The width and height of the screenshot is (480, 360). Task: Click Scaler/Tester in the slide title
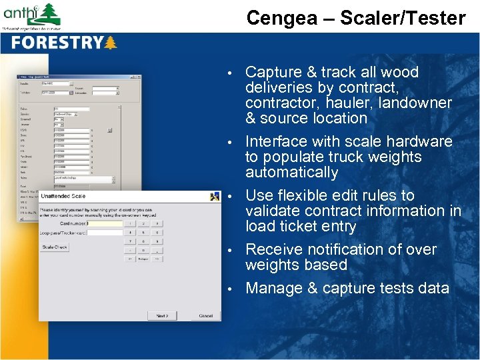tap(403, 18)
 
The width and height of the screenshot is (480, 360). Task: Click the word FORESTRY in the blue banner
tap(56, 43)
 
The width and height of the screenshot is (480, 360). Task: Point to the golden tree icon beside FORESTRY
tap(110, 43)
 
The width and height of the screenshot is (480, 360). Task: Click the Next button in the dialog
tap(162, 315)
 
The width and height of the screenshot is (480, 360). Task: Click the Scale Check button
tap(55, 247)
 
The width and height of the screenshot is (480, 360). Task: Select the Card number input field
tap(105, 224)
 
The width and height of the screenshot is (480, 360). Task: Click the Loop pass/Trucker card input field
tap(105, 233)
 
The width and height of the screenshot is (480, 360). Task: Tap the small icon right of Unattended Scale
tap(215, 197)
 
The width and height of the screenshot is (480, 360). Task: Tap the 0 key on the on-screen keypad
tap(144, 250)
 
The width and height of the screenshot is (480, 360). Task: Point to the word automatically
tap(291, 172)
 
